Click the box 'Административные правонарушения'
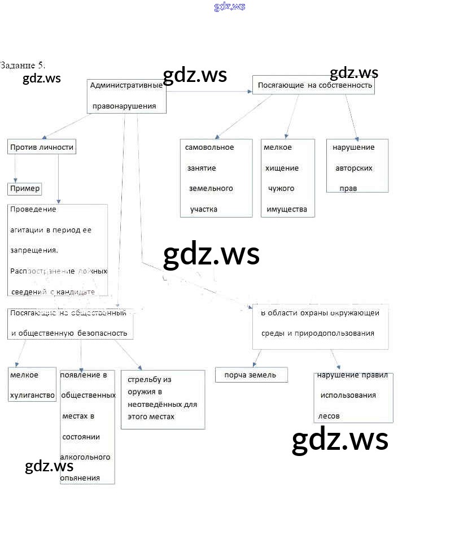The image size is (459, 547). tap(127, 96)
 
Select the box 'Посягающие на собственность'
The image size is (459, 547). tap(313, 85)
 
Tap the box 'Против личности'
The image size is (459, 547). tap(42, 147)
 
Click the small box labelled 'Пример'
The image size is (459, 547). tap(25, 189)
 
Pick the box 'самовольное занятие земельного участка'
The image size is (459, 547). tap(216, 178)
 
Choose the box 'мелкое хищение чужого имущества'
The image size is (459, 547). tap(287, 178)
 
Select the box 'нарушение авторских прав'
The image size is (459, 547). tap(357, 166)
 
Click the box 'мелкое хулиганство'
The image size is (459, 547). tap(32, 385)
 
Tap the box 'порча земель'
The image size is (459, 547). tap(251, 375)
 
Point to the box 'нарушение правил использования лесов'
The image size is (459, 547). tap(353, 397)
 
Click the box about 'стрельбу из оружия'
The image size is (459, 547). tap(163, 399)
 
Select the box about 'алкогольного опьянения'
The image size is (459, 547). tap(87, 427)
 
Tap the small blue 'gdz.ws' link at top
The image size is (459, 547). tap(230, 7)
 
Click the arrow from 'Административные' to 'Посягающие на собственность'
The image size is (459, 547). tap(209, 90)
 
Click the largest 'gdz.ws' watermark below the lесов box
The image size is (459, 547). tap(340, 439)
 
